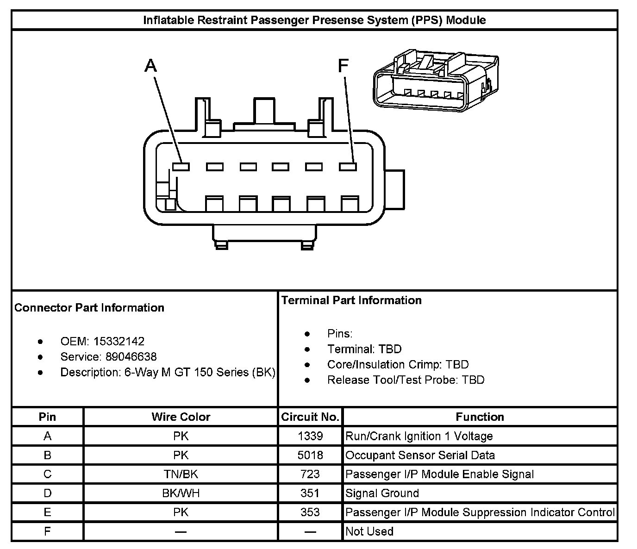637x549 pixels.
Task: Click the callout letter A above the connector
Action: [x=151, y=66]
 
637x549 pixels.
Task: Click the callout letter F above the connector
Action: [x=343, y=66]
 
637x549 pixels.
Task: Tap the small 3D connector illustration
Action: [x=436, y=81]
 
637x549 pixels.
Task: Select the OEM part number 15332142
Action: [x=119, y=342]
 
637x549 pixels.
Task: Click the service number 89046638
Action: [x=131, y=357]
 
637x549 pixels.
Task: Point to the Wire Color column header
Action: [x=181, y=417]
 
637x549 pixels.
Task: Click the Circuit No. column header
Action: [x=310, y=417]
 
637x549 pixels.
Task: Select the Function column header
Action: [x=480, y=417]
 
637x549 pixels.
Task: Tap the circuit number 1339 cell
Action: [x=310, y=436]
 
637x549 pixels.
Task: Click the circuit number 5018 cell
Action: [x=310, y=455]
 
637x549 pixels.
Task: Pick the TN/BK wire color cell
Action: [x=181, y=474]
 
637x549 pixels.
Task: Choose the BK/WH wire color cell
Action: [x=181, y=493]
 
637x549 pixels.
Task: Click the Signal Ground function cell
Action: [x=382, y=493]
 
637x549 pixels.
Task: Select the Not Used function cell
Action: [x=369, y=531]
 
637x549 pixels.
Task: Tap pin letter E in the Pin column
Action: [x=47, y=512]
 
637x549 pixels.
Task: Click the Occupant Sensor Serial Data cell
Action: [x=420, y=455]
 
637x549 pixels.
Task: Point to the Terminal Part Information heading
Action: [x=351, y=300]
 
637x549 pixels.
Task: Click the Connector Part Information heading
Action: [x=89, y=308]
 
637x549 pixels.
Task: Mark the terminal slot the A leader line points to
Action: [x=181, y=167]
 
